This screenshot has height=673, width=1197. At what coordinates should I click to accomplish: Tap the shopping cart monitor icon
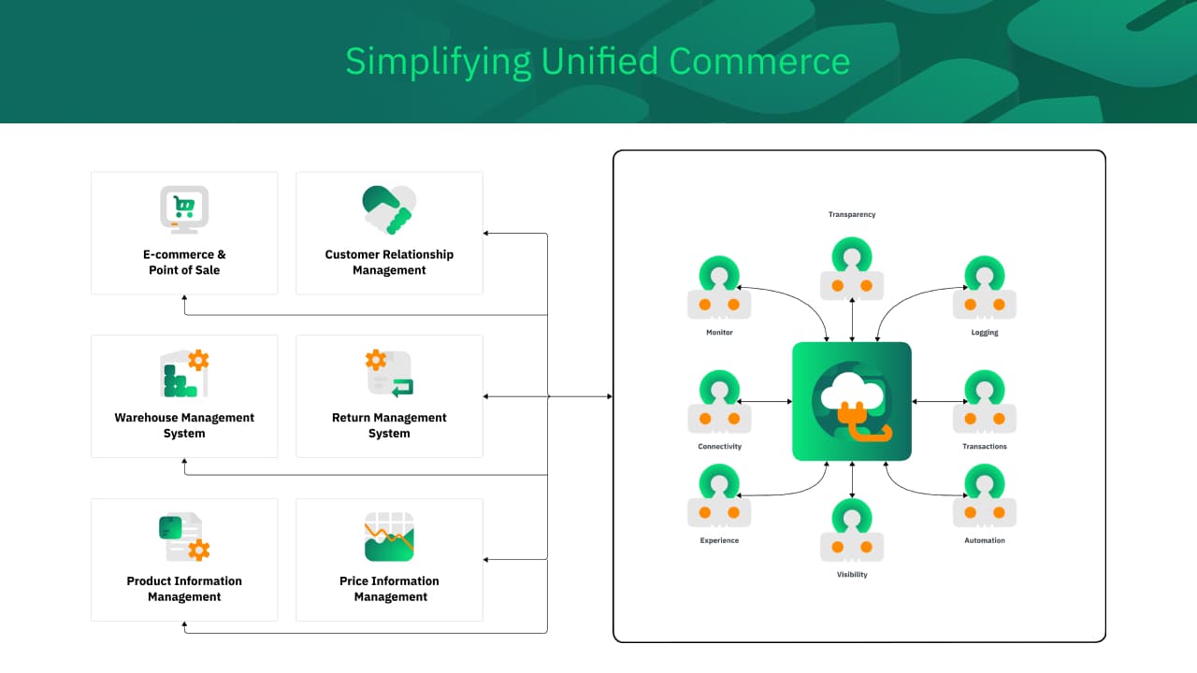coord(184,208)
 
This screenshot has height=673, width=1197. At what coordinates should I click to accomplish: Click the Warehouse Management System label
coord(184,425)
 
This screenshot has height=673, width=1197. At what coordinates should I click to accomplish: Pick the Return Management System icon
coord(389,373)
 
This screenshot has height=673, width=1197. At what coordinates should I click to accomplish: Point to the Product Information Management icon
coord(184,537)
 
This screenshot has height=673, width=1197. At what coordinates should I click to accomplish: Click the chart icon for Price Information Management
coord(389,537)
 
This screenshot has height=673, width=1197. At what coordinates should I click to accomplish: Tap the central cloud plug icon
coord(852,401)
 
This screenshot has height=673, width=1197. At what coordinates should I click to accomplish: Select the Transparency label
coord(852,215)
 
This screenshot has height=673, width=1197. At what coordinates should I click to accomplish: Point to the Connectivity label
coord(719,447)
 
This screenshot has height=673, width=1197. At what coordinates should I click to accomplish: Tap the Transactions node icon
coord(985,402)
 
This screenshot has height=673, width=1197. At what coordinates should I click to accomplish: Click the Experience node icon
coord(719,496)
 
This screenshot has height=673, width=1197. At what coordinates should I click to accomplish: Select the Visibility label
coord(852,575)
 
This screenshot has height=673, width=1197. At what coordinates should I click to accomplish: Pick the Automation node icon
coord(985,496)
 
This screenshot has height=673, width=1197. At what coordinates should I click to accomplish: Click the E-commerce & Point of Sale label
coord(184,262)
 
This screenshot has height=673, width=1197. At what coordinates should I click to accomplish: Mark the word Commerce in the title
coord(759,62)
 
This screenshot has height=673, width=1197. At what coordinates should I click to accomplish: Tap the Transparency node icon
coord(852,269)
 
